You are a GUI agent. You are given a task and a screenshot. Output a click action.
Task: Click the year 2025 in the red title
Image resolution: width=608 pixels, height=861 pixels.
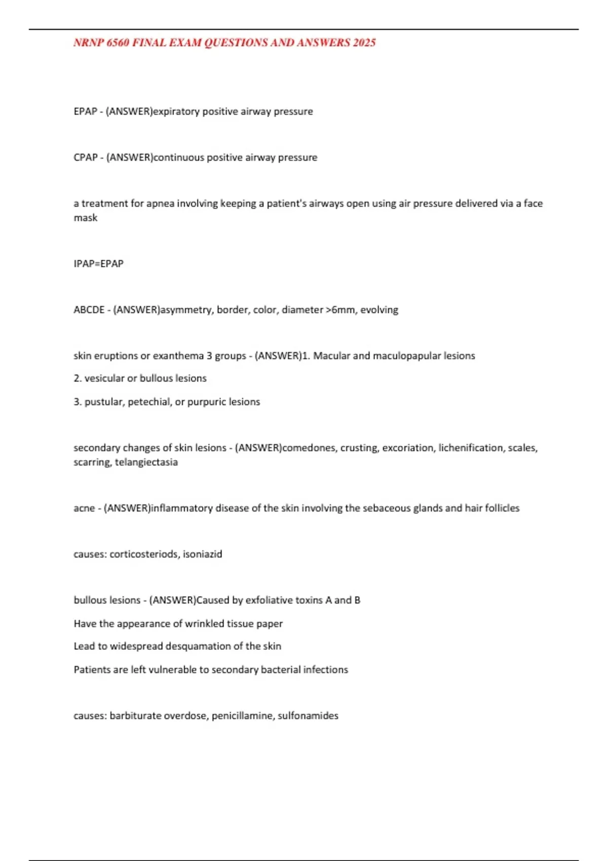click(x=364, y=43)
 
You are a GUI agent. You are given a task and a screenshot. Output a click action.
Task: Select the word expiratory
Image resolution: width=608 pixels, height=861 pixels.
click(x=176, y=111)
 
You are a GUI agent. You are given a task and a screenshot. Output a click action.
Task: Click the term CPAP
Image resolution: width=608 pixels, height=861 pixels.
click(x=86, y=158)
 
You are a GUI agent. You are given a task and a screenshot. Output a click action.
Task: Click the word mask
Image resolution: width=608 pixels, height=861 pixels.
click(x=86, y=218)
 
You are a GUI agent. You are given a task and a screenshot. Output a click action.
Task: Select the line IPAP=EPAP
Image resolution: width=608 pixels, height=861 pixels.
click(x=99, y=264)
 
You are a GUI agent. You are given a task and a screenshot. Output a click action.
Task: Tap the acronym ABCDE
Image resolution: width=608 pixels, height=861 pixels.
click(x=89, y=310)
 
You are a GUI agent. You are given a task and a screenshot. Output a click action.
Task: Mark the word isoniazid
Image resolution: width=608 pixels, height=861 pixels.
click(x=203, y=555)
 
